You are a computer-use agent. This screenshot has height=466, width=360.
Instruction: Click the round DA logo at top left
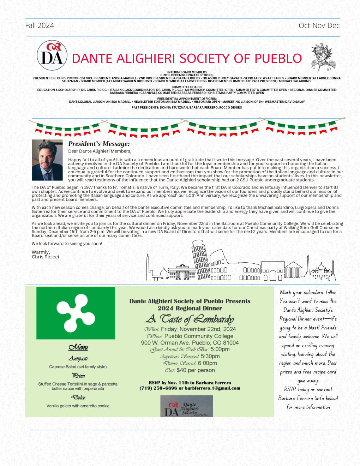pos(52,55)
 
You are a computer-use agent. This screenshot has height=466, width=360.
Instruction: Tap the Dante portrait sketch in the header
pos(323,58)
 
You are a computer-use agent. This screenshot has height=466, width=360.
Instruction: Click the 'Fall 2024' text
pos(40,25)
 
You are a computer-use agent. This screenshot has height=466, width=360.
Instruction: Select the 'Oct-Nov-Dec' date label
pos(319,25)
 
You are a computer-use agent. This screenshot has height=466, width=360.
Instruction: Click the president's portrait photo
pos(47,160)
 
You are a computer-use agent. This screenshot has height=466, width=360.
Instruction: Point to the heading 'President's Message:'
pos(99,144)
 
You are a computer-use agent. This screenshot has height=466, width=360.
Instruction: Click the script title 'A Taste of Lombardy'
pos(190,319)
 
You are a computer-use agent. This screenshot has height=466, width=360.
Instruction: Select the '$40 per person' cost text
pos(196,370)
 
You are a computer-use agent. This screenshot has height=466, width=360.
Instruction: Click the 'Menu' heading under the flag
pos(78,347)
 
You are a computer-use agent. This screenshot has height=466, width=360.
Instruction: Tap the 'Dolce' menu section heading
pos(78,398)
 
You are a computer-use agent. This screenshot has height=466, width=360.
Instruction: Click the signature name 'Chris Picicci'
pos(45,257)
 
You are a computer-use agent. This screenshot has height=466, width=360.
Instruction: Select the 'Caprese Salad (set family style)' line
pos(78,367)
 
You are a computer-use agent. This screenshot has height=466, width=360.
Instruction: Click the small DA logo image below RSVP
pos(186,406)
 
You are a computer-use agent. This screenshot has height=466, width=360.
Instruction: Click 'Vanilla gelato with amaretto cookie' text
pos(78,406)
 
